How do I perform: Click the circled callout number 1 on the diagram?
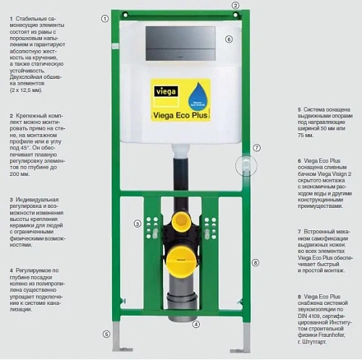[105, 17]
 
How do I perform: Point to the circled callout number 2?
[235, 5]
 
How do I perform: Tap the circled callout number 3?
[137, 223]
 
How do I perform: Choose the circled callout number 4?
[195, 324]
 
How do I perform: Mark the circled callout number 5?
[106, 335]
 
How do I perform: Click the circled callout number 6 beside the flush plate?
[229, 39]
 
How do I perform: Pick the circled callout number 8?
[256, 264]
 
